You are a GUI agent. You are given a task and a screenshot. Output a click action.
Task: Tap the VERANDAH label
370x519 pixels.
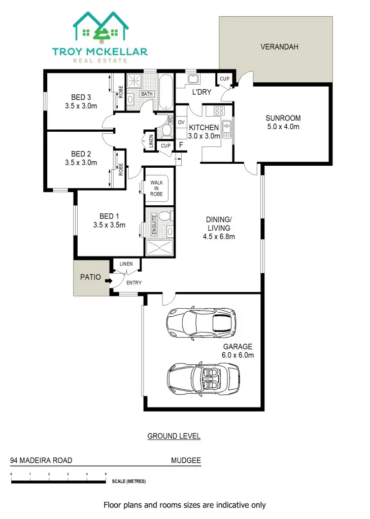[x=279, y=47]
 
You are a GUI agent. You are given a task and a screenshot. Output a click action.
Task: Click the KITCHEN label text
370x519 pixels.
[x=204, y=128]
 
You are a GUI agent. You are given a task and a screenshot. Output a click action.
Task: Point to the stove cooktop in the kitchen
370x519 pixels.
[x=219, y=110]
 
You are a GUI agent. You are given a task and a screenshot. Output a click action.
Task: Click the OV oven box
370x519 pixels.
[x=181, y=122]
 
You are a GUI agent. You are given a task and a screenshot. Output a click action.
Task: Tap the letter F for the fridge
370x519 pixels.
[x=181, y=145]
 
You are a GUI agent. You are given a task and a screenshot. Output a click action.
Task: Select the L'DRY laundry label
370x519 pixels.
[x=202, y=93]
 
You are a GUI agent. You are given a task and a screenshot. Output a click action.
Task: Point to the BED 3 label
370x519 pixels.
[x=81, y=97]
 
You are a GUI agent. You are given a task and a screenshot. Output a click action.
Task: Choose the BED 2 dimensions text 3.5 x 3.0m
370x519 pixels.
[x=81, y=163]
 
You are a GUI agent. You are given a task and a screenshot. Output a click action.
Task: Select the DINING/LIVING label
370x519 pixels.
[x=219, y=224]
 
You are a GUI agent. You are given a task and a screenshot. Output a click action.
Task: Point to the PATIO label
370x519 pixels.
[x=90, y=278]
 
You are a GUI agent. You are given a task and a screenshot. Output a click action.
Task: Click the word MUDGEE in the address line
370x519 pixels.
[x=186, y=461]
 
